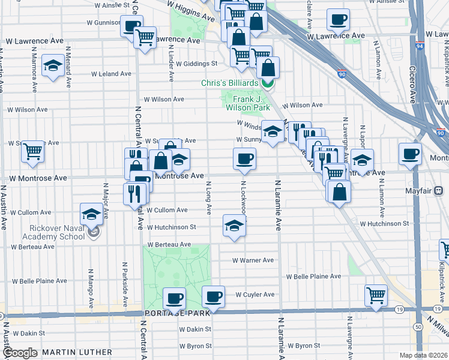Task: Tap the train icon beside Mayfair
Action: tap(439, 191)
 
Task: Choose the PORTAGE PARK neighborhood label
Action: tap(177, 313)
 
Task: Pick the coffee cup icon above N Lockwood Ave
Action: tap(244, 159)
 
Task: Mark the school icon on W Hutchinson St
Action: tap(234, 225)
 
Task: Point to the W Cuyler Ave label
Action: tap(255, 295)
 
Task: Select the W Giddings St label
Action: tap(196, 63)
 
